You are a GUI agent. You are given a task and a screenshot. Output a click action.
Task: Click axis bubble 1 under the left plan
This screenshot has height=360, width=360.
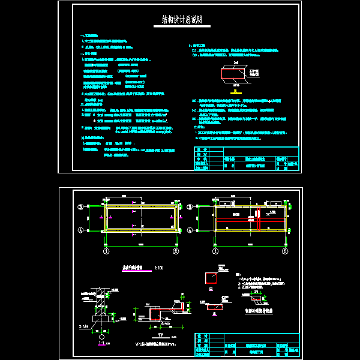pos(106,251)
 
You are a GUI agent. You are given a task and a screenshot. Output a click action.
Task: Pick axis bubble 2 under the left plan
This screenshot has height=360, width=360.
pos(176,251)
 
